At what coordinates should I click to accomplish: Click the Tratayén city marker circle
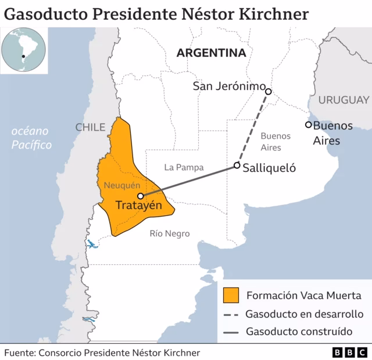click(x=141, y=196)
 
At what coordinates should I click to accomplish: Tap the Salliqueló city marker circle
click(x=237, y=165)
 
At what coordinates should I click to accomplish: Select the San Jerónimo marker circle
click(x=269, y=91)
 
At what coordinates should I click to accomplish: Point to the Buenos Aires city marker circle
click(x=309, y=124)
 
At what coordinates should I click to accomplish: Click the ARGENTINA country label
click(x=211, y=53)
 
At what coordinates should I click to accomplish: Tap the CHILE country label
click(x=90, y=127)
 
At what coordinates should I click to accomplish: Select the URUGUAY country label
click(x=344, y=99)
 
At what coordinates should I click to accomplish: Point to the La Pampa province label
click(x=184, y=167)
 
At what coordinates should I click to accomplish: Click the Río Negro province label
click(x=170, y=233)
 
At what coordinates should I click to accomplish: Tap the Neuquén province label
click(x=122, y=185)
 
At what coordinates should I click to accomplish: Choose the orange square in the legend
click(x=231, y=295)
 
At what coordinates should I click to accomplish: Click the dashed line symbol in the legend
click(x=231, y=314)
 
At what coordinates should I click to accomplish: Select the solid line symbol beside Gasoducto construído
click(x=231, y=333)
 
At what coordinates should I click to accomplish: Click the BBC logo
click(x=349, y=352)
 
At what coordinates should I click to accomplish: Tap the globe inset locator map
click(x=24, y=52)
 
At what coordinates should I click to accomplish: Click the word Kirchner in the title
click(x=274, y=14)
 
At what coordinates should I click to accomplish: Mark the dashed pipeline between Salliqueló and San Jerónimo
click(x=253, y=128)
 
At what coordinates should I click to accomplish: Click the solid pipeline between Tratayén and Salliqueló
click(x=189, y=181)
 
